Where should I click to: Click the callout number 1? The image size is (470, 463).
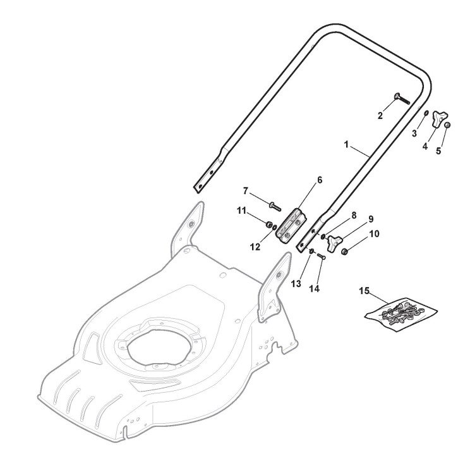tap(346, 145)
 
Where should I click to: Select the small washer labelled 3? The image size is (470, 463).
tap(426, 113)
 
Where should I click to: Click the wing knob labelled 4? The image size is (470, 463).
tap(439, 118)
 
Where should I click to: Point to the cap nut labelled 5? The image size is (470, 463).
tap(447, 125)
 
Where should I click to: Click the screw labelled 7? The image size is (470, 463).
tap(275, 206)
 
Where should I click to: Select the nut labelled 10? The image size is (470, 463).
tap(345, 251)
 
